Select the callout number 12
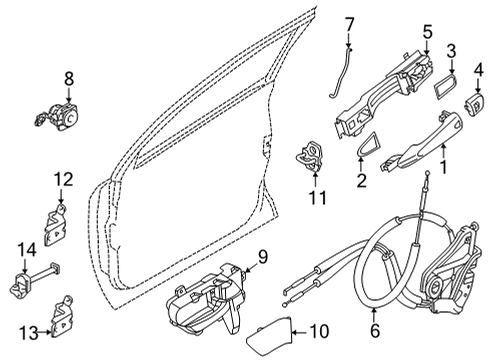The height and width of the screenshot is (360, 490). [62, 179]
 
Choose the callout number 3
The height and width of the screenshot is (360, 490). [452, 50]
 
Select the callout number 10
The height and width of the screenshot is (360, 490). [320, 330]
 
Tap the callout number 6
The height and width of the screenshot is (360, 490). [376, 326]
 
